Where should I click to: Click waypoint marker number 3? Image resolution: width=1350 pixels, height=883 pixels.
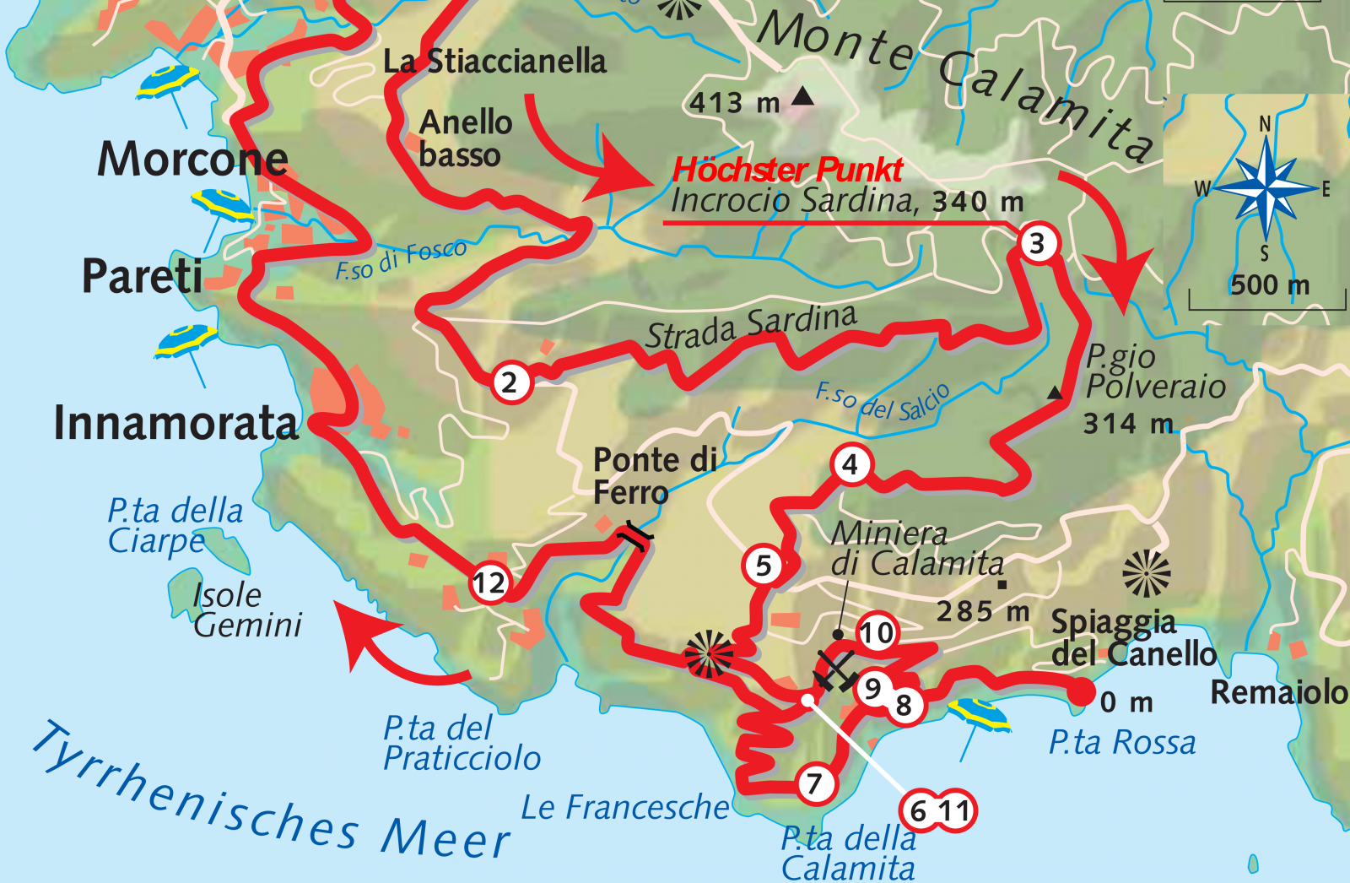click(x=1038, y=244)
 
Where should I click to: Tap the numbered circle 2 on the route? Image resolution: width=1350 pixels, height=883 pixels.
click(x=510, y=382)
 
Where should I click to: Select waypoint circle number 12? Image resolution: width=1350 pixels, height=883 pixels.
click(x=489, y=582)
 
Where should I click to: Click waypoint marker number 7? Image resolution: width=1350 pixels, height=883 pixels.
click(x=815, y=783)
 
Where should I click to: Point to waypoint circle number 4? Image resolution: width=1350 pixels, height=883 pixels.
click(x=850, y=464)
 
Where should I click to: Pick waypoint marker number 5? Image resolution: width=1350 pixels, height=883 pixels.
click(x=764, y=566)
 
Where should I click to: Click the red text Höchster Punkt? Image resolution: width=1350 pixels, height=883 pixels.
click(x=787, y=170)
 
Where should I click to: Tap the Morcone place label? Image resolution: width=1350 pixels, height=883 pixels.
click(x=192, y=159)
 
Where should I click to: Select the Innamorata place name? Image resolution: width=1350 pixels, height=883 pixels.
click(x=175, y=422)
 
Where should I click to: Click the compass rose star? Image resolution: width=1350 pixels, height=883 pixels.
click(x=1266, y=187)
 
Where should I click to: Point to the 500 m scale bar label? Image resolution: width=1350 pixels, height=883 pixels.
click(x=1269, y=284)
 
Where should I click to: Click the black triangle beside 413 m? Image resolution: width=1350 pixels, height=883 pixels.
click(x=803, y=96)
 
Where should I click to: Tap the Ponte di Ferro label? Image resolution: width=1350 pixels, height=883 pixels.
click(x=654, y=475)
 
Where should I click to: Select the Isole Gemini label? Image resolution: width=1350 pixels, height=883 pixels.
click(x=246, y=609)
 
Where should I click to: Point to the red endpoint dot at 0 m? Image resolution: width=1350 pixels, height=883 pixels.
click(x=1080, y=694)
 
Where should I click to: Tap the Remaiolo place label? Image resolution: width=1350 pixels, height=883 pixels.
click(x=1278, y=692)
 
